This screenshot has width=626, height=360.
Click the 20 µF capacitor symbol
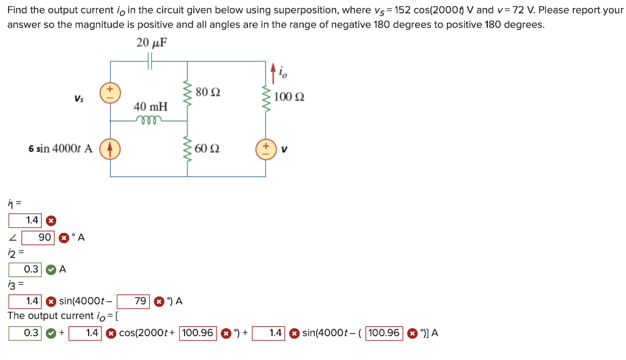[150, 61]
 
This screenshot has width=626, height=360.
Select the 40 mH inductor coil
[150, 119]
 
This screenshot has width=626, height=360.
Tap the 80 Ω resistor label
[208, 92]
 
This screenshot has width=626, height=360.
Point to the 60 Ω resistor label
[208, 149]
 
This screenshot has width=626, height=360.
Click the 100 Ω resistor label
[289, 97]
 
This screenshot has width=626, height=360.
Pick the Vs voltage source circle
[111, 92]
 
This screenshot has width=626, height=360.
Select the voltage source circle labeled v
[266, 149]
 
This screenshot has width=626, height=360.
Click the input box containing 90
[39, 237]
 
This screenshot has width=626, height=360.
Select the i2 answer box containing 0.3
[25, 269]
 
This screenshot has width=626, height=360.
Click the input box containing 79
[134, 301]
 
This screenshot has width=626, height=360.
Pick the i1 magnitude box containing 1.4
[25, 220]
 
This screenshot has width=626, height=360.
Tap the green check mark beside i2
[51, 269]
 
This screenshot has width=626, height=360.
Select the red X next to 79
[158, 301]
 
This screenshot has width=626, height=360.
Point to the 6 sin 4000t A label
[61, 149]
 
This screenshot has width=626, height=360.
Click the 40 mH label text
[150, 106]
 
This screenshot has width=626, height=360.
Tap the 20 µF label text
[152, 42]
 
